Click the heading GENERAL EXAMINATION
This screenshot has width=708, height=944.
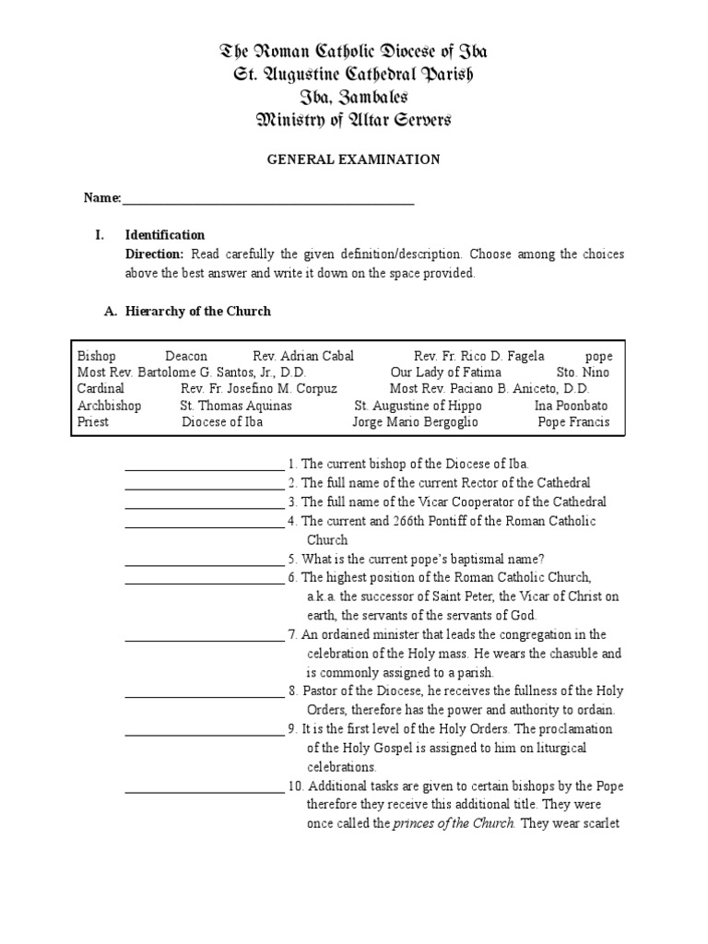353,159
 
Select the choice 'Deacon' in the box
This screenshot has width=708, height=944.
186,356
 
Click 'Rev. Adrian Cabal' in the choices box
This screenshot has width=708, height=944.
303,356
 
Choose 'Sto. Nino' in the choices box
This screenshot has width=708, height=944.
583,372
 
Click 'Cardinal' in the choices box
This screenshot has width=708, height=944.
100,389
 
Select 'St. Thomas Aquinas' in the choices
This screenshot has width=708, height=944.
236,406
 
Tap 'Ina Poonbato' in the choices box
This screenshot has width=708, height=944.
572,406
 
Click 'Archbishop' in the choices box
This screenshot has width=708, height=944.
110,406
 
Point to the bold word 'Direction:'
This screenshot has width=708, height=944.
154,254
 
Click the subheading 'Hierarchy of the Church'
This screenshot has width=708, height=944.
198,312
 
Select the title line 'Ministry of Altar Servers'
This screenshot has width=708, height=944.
353,120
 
